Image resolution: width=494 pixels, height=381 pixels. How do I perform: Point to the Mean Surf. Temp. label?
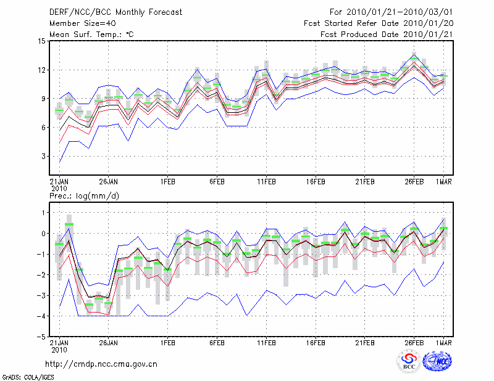tap(91, 35)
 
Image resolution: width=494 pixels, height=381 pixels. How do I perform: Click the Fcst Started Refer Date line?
tap(379, 23)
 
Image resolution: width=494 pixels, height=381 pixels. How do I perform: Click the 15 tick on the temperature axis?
tap(41, 41)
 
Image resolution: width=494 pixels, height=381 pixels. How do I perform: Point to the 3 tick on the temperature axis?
tap(43, 157)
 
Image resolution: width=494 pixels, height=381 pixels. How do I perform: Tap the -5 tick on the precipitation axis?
tap(41, 337)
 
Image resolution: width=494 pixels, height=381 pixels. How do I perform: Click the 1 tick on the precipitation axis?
tap(43, 213)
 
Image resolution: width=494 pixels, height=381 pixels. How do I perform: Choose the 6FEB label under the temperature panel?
tap(217, 182)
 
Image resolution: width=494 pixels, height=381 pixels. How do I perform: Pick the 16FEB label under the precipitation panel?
tap(316, 343)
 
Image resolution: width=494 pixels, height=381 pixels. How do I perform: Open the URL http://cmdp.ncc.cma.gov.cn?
tap(101, 364)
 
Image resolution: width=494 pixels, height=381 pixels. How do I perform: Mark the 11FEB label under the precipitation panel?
tap(266, 343)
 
